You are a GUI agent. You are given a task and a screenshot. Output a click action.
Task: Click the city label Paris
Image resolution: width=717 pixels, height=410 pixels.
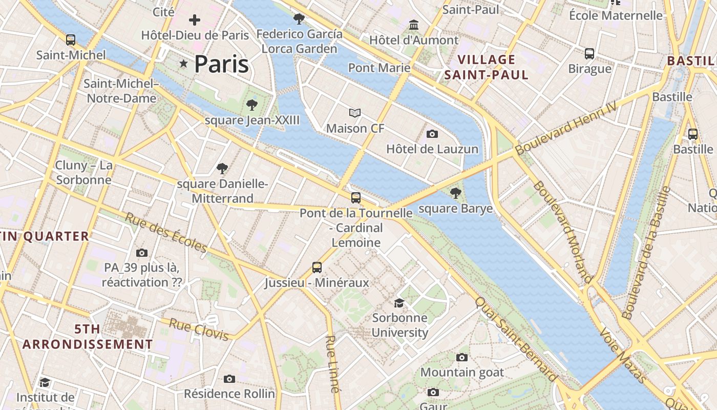tap(221, 64)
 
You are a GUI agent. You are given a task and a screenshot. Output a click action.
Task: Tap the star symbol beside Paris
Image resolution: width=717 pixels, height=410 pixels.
tap(183, 64)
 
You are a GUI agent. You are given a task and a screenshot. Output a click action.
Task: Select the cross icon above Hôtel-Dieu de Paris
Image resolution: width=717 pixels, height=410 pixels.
tap(195, 20)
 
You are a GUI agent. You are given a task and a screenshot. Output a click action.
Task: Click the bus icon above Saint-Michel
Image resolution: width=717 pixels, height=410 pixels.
tap(71, 39)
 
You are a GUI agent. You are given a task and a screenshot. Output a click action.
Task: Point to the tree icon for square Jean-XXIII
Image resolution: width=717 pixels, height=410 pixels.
tap(251, 105)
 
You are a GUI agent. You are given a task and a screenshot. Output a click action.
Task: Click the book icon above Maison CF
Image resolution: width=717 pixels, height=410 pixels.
tap(355, 113)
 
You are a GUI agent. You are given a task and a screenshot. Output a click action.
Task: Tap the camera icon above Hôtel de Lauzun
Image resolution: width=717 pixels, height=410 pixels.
tap(432, 134)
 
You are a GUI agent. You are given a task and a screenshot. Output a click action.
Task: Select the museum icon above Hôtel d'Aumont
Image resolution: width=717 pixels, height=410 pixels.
tap(414, 25)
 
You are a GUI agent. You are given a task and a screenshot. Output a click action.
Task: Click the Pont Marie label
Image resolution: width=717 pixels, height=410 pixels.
tap(379, 68)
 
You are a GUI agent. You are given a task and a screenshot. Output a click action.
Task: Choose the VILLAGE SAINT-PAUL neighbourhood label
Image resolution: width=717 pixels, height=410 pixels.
tap(486, 67)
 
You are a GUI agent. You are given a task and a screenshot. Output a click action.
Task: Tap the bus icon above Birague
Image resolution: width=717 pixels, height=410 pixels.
tap(589, 53)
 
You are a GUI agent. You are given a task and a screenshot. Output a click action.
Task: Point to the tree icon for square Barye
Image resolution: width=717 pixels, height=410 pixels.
tap(455, 193)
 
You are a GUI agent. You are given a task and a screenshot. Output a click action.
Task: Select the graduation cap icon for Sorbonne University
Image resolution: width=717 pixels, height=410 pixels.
tap(399, 303)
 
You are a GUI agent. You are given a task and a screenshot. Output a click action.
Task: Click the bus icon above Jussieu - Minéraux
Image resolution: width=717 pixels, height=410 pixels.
tap(317, 267)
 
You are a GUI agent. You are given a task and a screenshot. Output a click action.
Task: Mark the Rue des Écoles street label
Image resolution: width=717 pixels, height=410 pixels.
tap(166, 233)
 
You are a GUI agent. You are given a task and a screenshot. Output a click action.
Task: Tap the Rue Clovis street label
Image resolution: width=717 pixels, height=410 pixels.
tap(199, 330)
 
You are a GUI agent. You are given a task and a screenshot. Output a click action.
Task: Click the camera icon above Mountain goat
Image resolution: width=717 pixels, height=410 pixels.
tap(462, 357)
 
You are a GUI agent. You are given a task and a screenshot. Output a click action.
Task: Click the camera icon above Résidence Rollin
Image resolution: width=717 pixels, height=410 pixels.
tap(229, 379)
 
